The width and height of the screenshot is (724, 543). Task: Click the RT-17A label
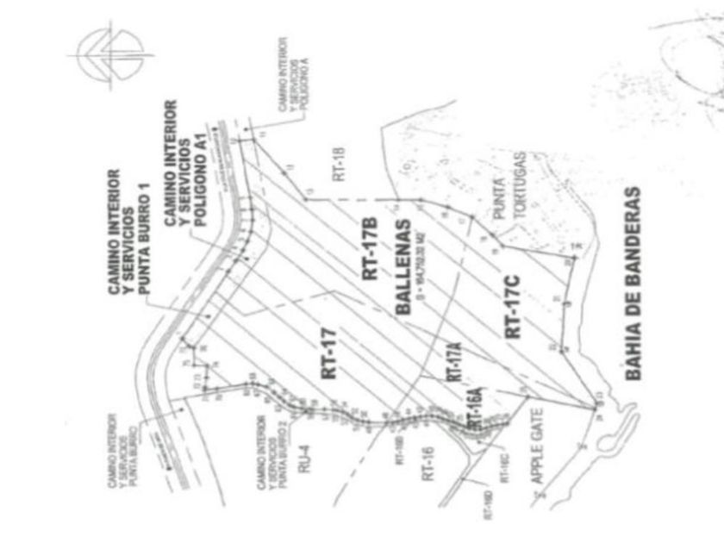(454, 363)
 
